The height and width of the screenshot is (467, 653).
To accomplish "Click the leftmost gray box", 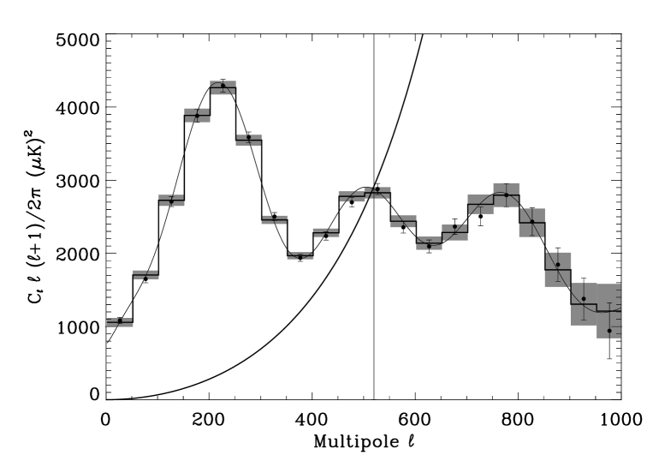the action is (120, 322).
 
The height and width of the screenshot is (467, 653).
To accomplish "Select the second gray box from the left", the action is (145, 274).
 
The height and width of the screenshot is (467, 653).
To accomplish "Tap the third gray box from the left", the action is (171, 201).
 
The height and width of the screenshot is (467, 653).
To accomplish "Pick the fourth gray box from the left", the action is (197, 115).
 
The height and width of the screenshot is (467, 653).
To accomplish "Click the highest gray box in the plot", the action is (223, 87).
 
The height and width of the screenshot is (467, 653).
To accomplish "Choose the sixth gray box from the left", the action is (249, 140).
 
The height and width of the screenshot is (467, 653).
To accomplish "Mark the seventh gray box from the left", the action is (275, 219).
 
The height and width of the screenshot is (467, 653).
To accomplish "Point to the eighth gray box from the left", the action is (300, 255).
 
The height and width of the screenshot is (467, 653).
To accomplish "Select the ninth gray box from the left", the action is (326, 232).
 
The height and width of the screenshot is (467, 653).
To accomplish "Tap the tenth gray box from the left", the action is (352, 196).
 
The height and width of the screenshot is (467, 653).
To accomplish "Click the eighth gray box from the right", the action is (429, 243).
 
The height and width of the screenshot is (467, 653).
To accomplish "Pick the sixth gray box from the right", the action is (481, 204).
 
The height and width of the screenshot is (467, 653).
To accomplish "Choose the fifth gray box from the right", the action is (507, 195).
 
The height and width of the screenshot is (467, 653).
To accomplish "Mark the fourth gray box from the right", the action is (532, 223).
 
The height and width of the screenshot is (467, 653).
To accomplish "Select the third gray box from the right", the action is (558, 269).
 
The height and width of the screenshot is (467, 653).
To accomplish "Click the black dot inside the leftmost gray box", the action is (120, 320).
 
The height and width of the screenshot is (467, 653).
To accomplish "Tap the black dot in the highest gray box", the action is (223, 85).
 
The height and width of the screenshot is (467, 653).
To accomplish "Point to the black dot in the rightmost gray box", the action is (609, 331).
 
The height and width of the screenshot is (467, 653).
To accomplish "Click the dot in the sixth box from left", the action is (249, 137).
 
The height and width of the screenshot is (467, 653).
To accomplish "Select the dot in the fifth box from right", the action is (506, 195).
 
